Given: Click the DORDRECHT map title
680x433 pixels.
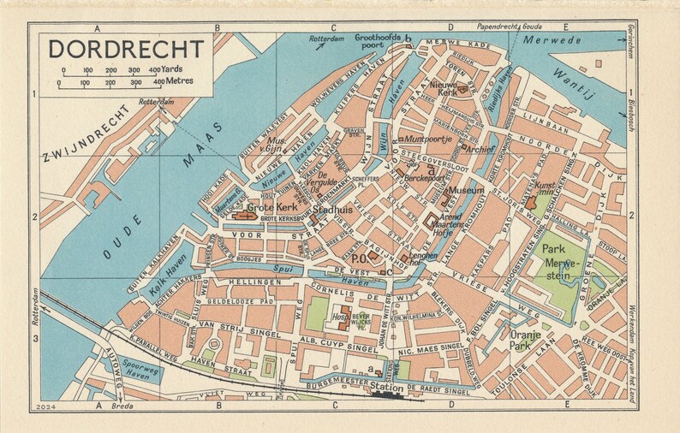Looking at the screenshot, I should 126,48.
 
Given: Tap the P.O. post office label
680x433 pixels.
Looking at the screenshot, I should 358,257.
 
